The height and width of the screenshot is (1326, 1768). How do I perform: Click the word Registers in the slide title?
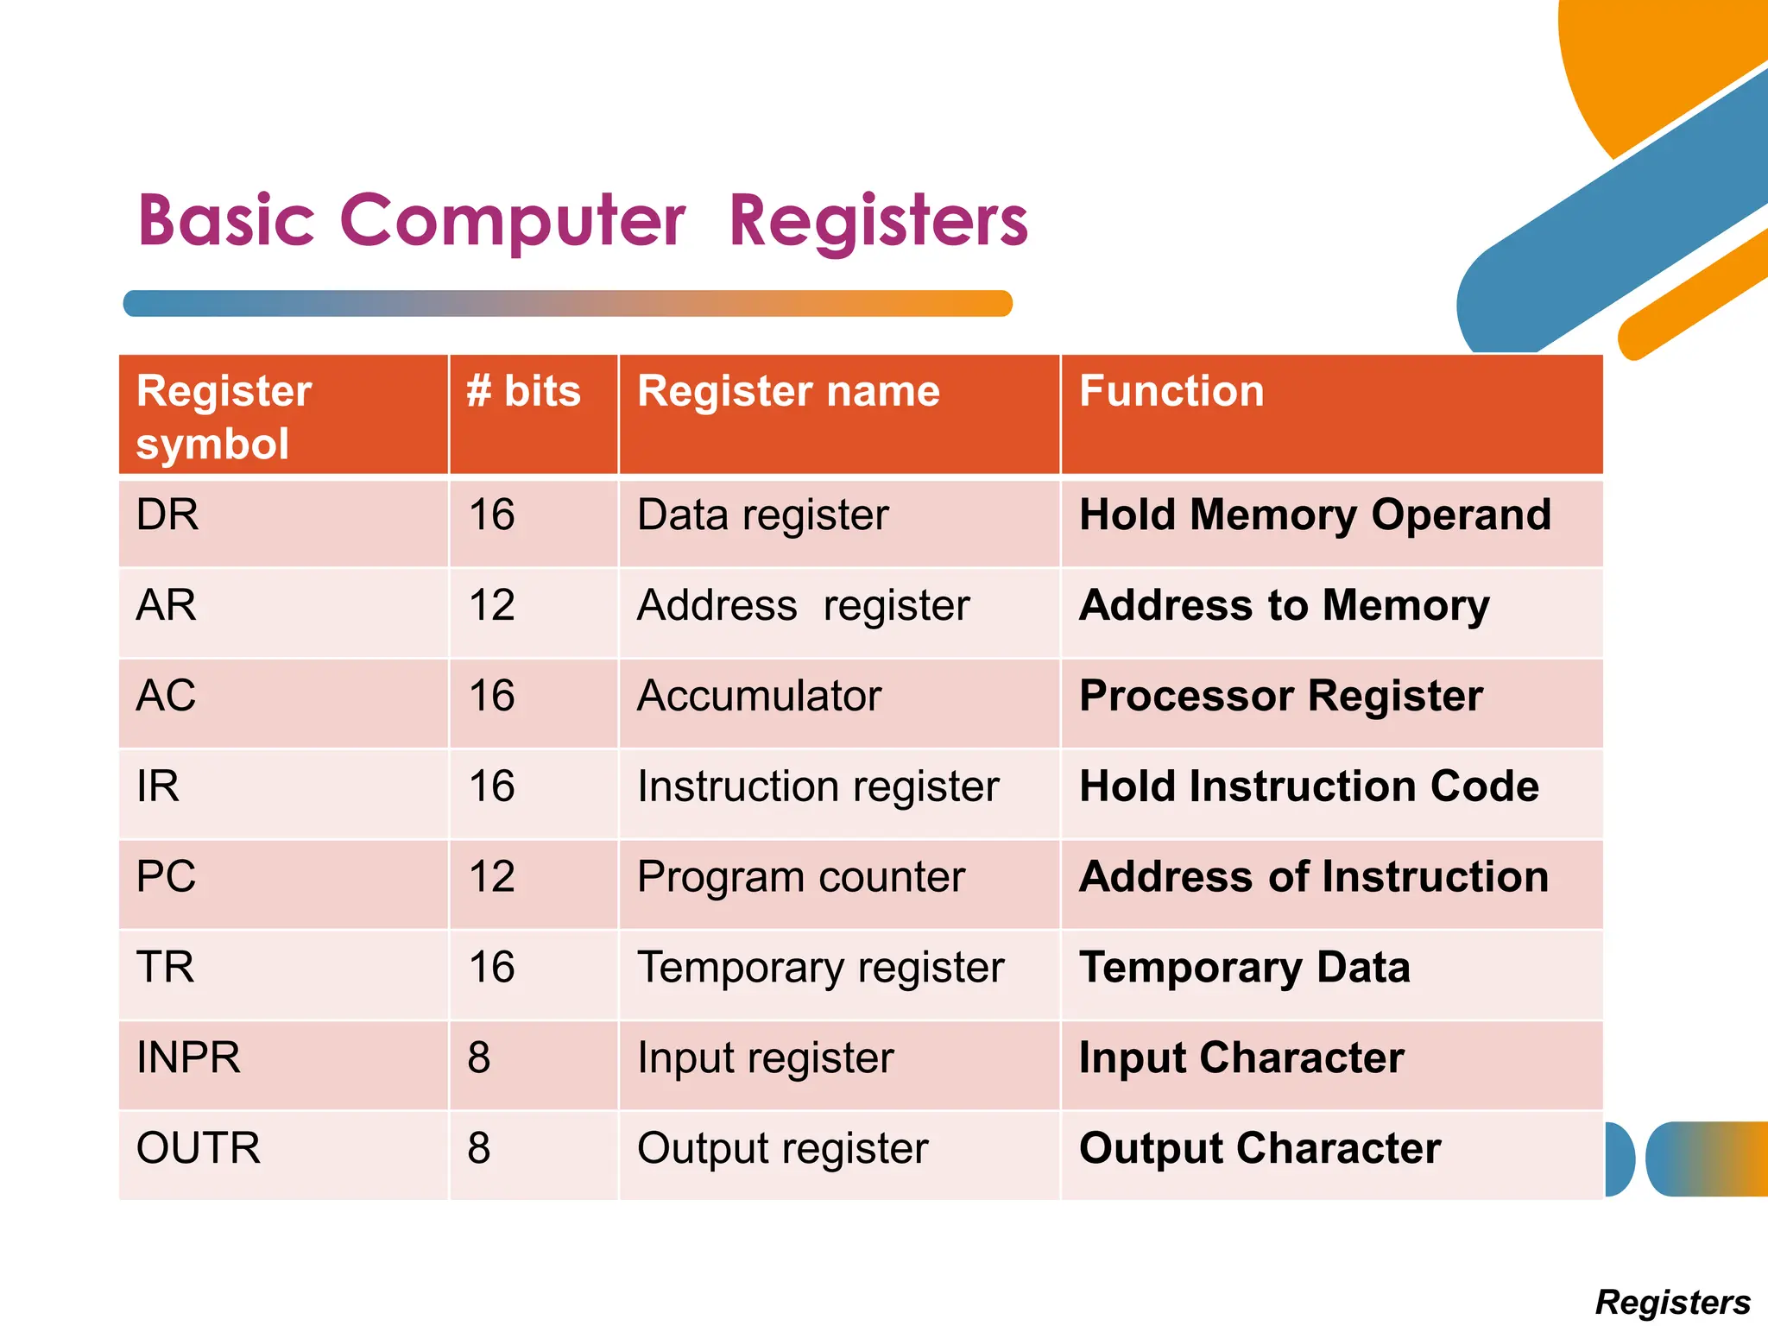pyautogui.click(x=878, y=221)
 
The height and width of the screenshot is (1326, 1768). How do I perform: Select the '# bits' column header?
pyautogui.click(x=523, y=391)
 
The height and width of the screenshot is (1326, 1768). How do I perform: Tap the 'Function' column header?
pyautogui.click(x=1171, y=391)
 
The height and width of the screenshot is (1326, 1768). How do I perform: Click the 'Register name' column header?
pyautogui.click(x=787, y=391)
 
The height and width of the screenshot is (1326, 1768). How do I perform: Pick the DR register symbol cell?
pyautogui.click(x=167, y=515)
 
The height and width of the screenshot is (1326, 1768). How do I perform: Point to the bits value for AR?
pyautogui.click(x=491, y=605)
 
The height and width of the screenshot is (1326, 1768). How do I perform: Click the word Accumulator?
pyautogui.click(x=759, y=696)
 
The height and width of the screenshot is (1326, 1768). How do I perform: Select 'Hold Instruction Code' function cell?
pyautogui.click(x=1308, y=786)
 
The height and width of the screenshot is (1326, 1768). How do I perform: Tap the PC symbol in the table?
pyautogui.click(x=166, y=877)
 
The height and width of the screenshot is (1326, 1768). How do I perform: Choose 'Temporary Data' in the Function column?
pyautogui.click(x=1244, y=968)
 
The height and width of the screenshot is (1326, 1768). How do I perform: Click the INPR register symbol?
pyautogui.click(x=188, y=1058)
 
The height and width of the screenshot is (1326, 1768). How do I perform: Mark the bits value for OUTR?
pyautogui.click(x=479, y=1149)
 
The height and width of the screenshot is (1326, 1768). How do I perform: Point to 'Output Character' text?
pyautogui.click(x=1260, y=1149)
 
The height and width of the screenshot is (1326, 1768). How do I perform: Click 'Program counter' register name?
pyautogui.click(x=800, y=877)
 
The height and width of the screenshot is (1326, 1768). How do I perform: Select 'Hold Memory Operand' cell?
pyautogui.click(x=1315, y=515)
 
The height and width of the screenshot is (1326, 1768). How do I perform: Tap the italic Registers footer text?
pyautogui.click(x=1672, y=1302)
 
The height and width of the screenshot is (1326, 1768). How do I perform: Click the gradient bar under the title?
pyautogui.click(x=567, y=304)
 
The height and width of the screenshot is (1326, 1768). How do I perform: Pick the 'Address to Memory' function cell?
pyautogui.click(x=1284, y=605)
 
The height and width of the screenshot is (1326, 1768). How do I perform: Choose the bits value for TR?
pyautogui.click(x=491, y=968)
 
